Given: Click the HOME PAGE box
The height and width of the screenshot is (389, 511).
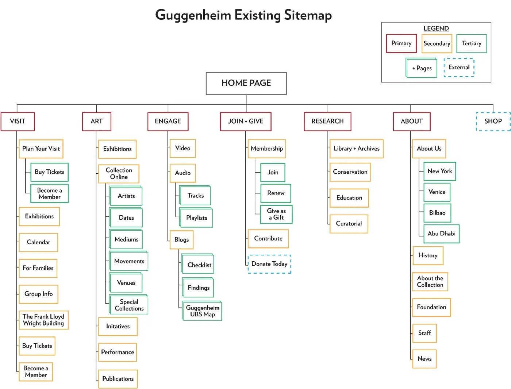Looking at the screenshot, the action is pos(246,83).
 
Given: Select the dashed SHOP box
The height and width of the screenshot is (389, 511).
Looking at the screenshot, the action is pos(493,121).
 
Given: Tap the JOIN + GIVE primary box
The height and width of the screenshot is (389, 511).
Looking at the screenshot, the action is pos(246,121).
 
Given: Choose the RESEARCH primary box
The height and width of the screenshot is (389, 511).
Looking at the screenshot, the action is pos(327,121).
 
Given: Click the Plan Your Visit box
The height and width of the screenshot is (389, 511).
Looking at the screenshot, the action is pos(41,149).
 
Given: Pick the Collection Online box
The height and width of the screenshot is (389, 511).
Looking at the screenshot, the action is pos(119,174).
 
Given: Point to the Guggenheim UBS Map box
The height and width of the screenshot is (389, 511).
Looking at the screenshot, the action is pos(202,311).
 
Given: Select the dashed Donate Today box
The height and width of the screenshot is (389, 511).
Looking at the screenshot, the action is pos(269,264).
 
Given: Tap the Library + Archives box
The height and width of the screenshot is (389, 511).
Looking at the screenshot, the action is pos(356,149).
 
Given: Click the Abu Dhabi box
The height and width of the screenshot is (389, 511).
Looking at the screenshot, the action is pos(441,234).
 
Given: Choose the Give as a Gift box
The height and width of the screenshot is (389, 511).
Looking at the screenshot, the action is pos(276,214).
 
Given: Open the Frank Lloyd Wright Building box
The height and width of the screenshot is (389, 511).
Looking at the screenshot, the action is pos(43,320).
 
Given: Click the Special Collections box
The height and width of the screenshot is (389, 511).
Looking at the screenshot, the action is pos(129,305).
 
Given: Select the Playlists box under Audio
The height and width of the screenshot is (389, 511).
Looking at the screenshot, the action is pos(196,218).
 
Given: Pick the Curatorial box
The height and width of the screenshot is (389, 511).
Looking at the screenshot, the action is pos(349,224).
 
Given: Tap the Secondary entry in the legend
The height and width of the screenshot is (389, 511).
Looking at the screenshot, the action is pos(437,43).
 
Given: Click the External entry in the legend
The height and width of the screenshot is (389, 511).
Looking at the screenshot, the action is pos(459,68).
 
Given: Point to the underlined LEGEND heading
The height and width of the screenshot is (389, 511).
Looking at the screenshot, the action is pos(436,28).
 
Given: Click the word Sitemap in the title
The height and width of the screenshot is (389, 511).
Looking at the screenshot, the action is pos(308,15).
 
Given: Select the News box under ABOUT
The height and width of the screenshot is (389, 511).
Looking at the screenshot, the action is pos(424,359).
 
